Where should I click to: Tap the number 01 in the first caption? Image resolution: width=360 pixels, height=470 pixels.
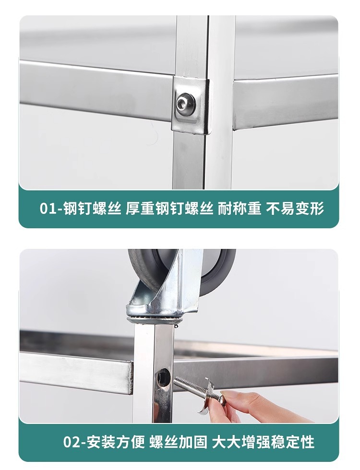coord(48,209)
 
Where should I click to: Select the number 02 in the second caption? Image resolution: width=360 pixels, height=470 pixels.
coord(72,442)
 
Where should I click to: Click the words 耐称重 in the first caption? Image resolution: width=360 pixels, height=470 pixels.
coord(240,209)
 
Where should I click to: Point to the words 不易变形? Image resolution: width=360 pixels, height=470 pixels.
coord(295,209)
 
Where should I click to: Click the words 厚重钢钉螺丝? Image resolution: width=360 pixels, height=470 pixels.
coord(169,209)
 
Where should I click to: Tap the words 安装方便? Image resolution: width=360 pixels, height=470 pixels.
coord(116,442)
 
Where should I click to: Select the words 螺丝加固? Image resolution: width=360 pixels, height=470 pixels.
coord(178,442)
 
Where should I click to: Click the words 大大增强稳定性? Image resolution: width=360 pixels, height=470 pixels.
coord(264,442)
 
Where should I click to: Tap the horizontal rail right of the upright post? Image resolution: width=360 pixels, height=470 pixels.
coord(285,104)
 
